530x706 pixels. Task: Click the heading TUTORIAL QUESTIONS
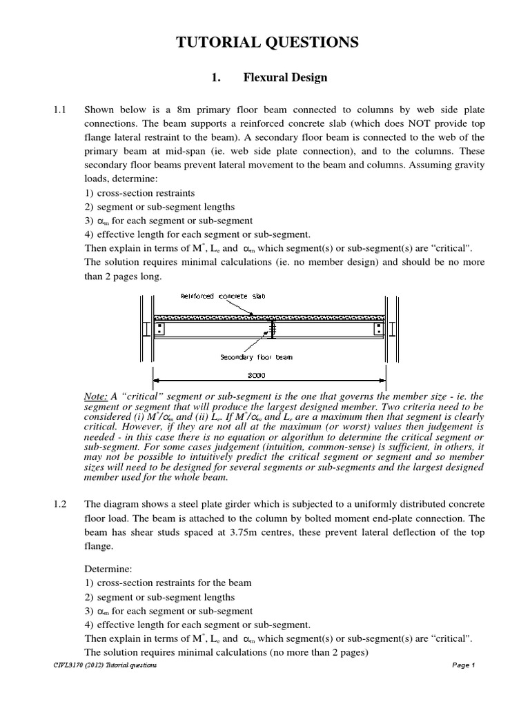pos(268,43)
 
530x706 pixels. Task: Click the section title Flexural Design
pos(285,78)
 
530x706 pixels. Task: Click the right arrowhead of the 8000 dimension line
pos(382,379)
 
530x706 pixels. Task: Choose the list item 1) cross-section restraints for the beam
pos(168,583)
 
